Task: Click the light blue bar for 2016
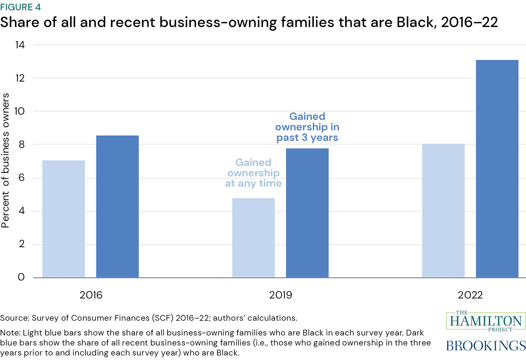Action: (x=63, y=219)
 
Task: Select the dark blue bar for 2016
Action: (x=117, y=206)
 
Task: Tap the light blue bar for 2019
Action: (x=253, y=237)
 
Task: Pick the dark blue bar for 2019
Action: (x=307, y=213)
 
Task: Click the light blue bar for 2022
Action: (x=443, y=210)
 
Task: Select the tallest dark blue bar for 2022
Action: (x=497, y=168)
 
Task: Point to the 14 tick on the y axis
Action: (x=20, y=45)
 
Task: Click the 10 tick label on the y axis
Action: (x=20, y=111)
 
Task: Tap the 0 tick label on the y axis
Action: (x=21, y=277)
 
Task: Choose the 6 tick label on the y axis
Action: (x=21, y=178)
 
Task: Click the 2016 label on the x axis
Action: (x=91, y=295)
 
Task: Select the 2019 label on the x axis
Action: (x=281, y=295)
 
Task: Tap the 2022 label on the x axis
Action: (x=470, y=295)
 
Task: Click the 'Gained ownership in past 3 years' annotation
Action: (x=307, y=127)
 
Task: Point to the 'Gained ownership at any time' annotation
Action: (x=253, y=173)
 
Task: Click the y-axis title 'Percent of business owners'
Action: (x=6, y=160)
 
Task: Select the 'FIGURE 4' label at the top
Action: (x=21, y=7)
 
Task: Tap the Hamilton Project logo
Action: (x=486, y=321)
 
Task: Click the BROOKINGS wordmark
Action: (x=486, y=345)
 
